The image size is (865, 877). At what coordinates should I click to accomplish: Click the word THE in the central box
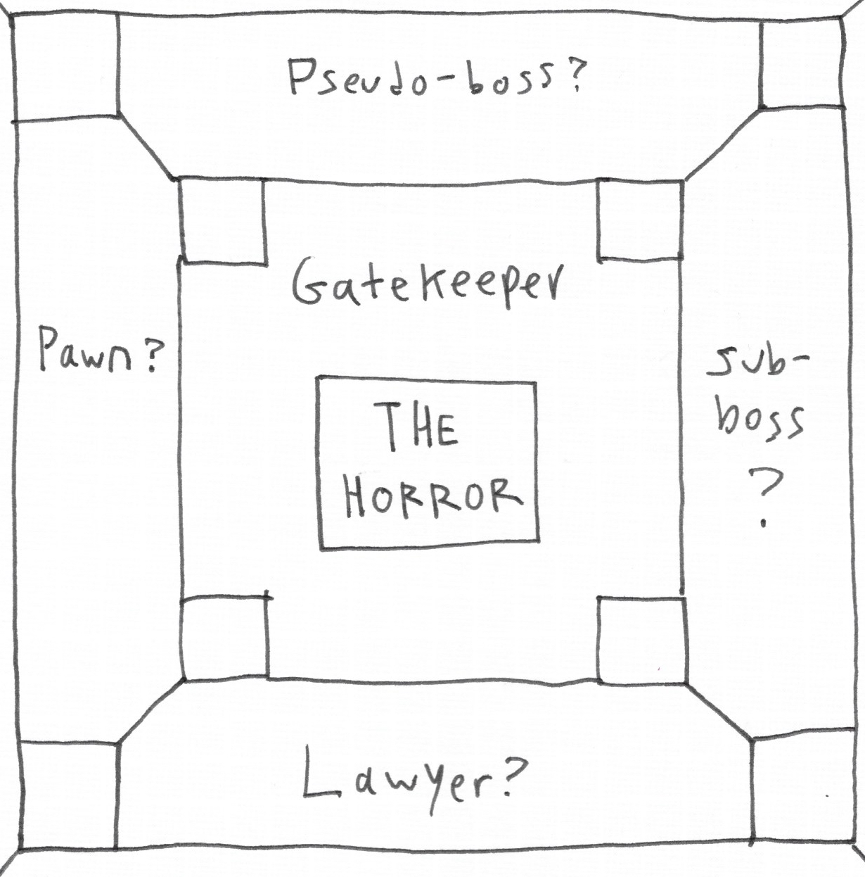pos(419,427)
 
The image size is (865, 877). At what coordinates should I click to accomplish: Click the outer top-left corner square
pos(65,68)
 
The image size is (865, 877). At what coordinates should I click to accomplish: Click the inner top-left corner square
pos(223,221)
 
